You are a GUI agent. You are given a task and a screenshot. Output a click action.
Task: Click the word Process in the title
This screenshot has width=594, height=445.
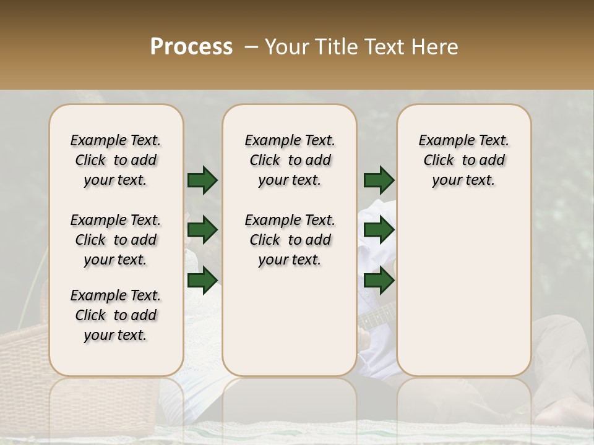pos(191,47)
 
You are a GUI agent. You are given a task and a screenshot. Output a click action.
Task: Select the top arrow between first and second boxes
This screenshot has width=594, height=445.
pos(202,180)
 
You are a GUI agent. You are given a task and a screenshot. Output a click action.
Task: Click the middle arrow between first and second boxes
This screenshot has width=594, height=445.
pos(202,230)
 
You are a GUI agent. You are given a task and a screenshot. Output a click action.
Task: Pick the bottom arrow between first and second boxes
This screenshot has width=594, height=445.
pos(202,280)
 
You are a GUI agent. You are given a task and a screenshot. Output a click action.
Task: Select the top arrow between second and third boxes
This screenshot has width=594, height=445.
pos(379,180)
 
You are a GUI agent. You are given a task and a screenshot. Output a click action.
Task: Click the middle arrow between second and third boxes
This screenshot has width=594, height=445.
pos(379,230)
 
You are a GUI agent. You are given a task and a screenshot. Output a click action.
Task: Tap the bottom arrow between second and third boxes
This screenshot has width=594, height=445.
pos(379,280)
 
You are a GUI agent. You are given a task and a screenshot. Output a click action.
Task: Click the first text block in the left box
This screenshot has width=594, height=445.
pos(116,160)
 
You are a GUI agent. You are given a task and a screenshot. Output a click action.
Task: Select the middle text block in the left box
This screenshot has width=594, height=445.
pos(116,240)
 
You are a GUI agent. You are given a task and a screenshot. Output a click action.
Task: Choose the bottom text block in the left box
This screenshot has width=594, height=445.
pos(116,315)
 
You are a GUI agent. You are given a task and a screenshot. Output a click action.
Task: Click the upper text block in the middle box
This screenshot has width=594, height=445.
pos(290,160)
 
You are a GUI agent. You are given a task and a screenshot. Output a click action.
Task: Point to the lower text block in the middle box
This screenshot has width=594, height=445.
pos(290,240)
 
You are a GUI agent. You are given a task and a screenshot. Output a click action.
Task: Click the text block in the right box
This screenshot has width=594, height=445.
pos(463,160)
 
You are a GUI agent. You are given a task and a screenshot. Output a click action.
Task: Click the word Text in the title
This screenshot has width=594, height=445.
pos(377,47)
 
